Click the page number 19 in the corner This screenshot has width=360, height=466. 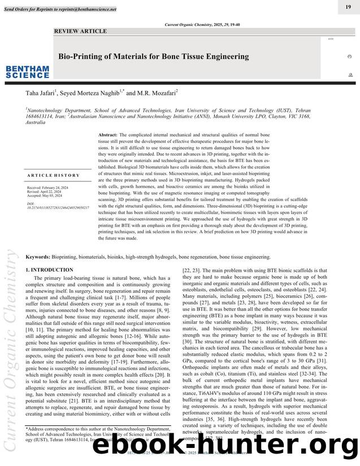pyautogui.click(x=348, y=6)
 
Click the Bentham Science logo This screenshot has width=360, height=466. pyautogui.click(x=27, y=72)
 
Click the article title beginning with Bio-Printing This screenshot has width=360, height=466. pyautogui.click(x=154, y=56)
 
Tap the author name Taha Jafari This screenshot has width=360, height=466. pyautogui.click(x=43, y=93)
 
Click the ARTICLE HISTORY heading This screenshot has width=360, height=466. pyautogui.click(x=53, y=176)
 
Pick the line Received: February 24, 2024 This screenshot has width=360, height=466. pyautogui.click(x=47, y=187)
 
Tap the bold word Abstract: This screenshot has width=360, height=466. pyautogui.click(x=108, y=136)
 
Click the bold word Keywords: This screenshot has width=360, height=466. pyautogui.click(x=38, y=257)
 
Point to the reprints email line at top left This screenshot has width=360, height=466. pyautogui.click(x=60, y=10)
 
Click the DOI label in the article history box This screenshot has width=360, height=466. pyautogui.click(x=31, y=203)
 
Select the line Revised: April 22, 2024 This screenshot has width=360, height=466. pyautogui.click(x=45, y=191)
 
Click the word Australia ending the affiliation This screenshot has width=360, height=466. pyautogui.click(x=36, y=122)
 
